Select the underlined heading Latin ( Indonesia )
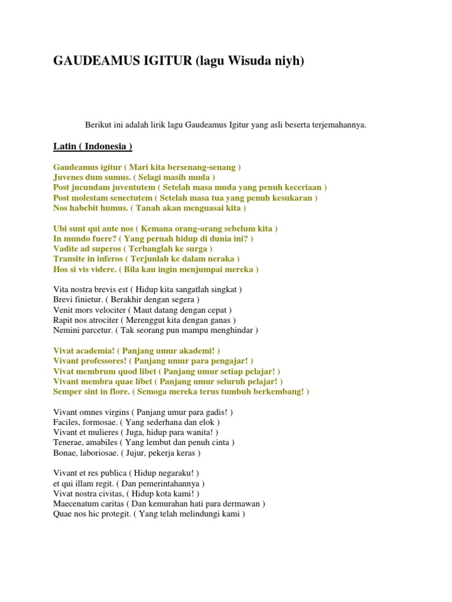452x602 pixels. [92, 146]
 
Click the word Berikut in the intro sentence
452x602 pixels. [98, 125]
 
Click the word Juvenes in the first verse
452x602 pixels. [69, 177]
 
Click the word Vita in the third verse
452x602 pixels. [61, 289]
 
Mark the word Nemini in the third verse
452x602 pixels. [67, 330]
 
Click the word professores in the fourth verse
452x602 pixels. [100, 360]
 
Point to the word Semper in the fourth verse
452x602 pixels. [68, 391]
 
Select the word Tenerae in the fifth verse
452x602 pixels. [68, 443]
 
